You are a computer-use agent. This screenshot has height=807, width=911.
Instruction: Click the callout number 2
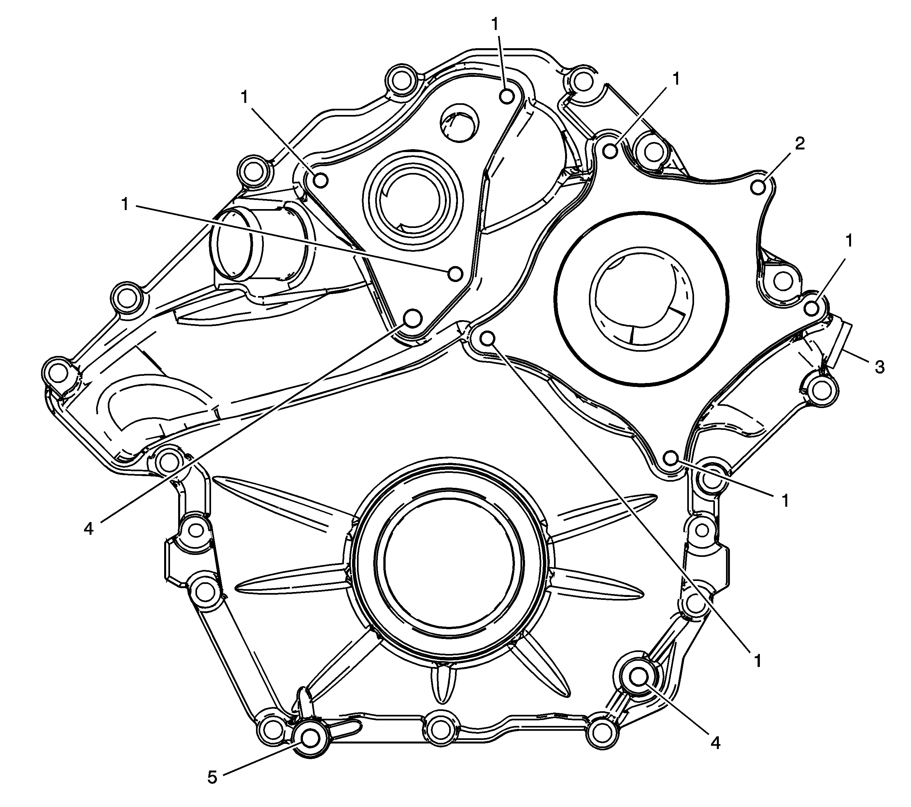tap(800, 144)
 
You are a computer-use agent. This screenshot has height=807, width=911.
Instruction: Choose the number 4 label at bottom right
tap(715, 743)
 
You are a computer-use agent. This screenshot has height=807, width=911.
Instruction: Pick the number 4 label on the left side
tap(89, 529)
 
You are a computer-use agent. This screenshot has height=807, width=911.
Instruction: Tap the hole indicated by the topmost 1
tap(507, 95)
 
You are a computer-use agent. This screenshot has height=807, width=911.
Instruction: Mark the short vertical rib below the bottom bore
tap(444, 685)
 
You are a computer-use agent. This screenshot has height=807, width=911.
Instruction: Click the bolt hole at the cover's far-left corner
tap(57, 370)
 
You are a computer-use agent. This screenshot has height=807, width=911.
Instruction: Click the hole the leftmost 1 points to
tap(455, 274)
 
